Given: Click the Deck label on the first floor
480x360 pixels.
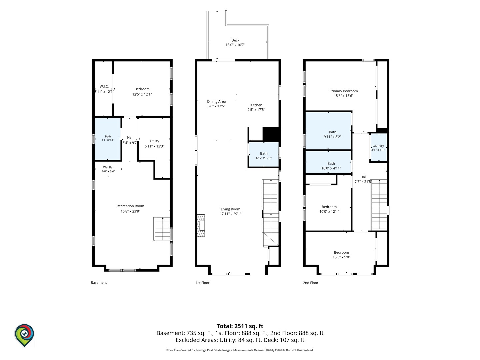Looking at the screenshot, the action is click(235, 40).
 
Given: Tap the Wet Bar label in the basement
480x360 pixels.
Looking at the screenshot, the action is click(108, 167).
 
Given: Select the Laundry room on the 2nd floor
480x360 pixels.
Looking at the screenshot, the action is click(378, 148).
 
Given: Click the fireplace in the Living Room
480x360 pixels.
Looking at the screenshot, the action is click(201, 226).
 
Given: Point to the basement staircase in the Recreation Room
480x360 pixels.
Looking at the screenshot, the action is click(162, 229).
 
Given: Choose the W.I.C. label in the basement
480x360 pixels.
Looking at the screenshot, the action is click(104, 86).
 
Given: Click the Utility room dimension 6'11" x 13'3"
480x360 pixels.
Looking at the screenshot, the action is click(154, 146).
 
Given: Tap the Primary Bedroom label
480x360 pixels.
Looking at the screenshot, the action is click(344, 91).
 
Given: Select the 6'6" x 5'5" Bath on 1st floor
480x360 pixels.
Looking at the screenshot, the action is click(264, 155).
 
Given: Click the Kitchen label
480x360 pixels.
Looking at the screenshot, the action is click(256, 105).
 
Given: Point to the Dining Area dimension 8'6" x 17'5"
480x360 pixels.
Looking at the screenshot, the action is click(216, 106).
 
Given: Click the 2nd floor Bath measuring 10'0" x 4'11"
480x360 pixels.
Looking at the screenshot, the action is click(328, 162).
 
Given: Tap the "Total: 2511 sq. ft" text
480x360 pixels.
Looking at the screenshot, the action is click(240, 326).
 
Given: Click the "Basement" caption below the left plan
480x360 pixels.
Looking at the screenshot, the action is click(99, 282).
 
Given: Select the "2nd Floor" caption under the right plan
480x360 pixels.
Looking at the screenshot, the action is click(311, 283).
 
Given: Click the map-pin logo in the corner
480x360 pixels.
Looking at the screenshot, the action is click(24, 335).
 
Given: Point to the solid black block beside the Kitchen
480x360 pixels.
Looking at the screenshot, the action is click(271, 134).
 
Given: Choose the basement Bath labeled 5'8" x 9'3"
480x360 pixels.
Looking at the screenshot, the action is click(108, 139).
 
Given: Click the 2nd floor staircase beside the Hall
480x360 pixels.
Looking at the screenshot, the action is click(379, 205).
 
